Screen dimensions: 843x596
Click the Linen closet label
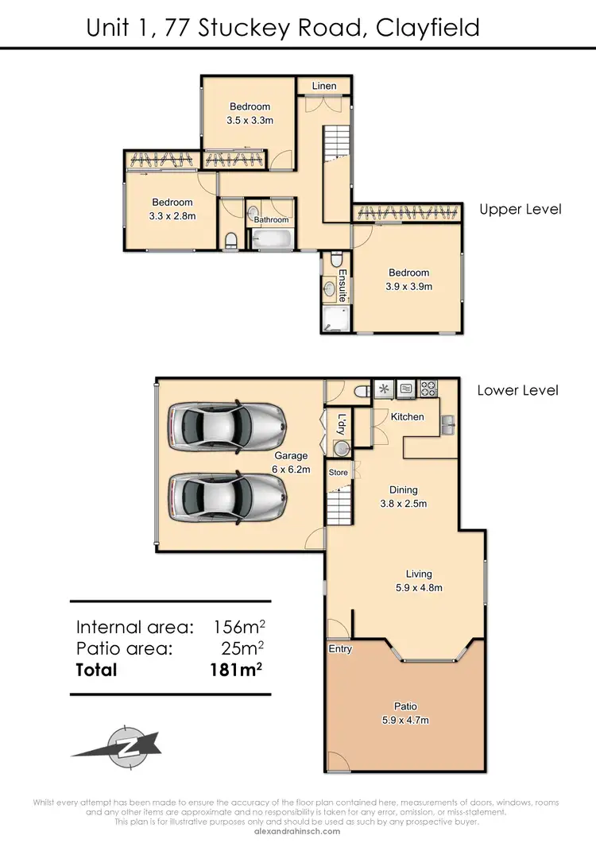[x=323, y=86]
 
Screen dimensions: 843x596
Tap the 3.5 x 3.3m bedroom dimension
[x=250, y=122]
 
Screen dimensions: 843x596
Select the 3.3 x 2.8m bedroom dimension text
[x=172, y=215]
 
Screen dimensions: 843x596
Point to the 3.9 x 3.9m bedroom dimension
[x=408, y=286]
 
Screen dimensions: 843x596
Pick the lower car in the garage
[x=226, y=497]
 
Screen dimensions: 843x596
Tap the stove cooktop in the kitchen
[x=429, y=389]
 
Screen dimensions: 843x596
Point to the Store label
[x=339, y=473]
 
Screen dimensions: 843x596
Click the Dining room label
[x=404, y=490]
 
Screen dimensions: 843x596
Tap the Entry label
[x=340, y=649]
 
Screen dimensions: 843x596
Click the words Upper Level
[x=520, y=210]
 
